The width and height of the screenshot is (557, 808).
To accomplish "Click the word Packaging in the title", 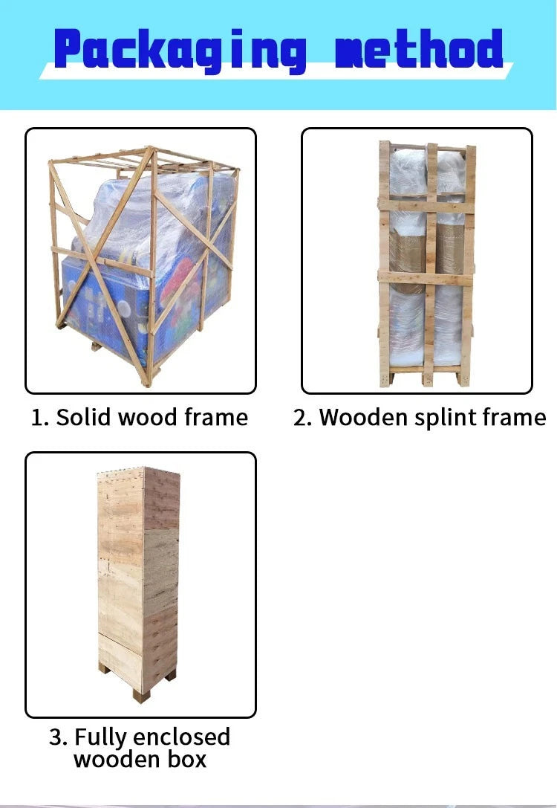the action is (180, 50).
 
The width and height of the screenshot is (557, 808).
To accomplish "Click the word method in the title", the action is (419, 49).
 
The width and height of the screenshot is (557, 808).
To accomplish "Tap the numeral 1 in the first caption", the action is (36, 418).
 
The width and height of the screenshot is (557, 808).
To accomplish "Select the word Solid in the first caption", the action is (85, 417).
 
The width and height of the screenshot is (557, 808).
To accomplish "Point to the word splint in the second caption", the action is (446, 418).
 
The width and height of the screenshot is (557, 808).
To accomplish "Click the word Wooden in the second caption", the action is (364, 417).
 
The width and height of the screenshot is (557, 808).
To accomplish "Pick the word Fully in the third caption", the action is (100, 737).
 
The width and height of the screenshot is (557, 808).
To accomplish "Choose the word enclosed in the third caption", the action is (181, 737).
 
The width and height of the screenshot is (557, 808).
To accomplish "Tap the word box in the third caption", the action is (186, 760).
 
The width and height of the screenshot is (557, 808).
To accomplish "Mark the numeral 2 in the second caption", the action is (301, 418).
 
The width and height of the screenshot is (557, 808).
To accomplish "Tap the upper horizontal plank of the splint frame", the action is (426, 205).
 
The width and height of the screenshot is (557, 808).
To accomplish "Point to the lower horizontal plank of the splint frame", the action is (426, 278).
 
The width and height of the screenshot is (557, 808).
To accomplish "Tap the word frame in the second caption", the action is (515, 417).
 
